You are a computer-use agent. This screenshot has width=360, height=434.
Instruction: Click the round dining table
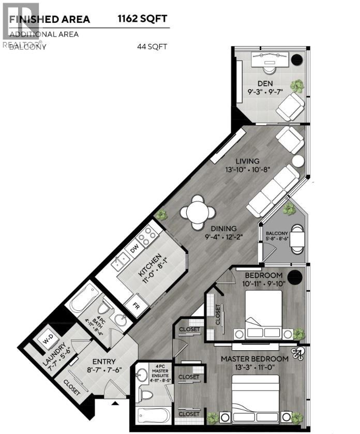(x=198, y=212)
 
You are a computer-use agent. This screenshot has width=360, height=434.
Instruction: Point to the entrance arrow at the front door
(x=115, y=402)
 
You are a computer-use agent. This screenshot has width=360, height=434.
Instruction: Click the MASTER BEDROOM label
(x=254, y=358)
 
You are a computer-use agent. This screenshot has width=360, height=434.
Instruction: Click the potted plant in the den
(x=297, y=85)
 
